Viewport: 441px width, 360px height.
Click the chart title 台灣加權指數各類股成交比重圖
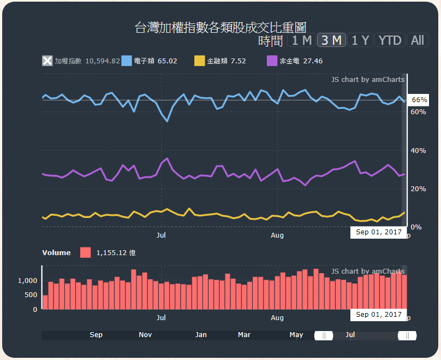pyautogui.click(x=221, y=28)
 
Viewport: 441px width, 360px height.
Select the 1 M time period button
pyautogui.click(x=301, y=40)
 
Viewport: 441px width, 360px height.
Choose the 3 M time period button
pyautogui.click(x=331, y=40)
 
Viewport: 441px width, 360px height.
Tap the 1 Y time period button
pyautogui.click(x=360, y=40)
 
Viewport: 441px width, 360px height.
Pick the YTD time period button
pyautogui.click(x=390, y=40)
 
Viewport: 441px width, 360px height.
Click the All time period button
pyautogui.click(x=418, y=40)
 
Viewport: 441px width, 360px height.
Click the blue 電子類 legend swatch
pyautogui.click(x=127, y=61)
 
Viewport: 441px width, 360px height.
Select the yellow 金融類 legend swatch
pyautogui.click(x=200, y=61)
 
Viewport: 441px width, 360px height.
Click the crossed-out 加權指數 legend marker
pyautogui.click(x=48, y=61)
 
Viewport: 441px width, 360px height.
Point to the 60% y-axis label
pyautogui.click(x=418, y=111)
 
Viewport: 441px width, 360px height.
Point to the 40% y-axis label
pyautogui.click(x=418, y=150)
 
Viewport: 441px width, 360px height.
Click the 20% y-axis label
pyautogui.click(x=418, y=188)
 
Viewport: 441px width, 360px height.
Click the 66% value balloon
pyautogui.click(x=419, y=100)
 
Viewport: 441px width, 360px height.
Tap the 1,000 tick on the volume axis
pyautogui.click(x=27, y=280)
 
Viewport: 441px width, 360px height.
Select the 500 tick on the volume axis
pyautogui.click(x=31, y=295)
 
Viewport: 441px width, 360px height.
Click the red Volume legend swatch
pyautogui.click(x=86, y=252)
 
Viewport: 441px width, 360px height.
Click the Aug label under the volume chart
pyautogui.click(x=277, y=317)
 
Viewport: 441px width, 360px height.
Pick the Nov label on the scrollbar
pyautogui.click(x=145, y=335)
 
